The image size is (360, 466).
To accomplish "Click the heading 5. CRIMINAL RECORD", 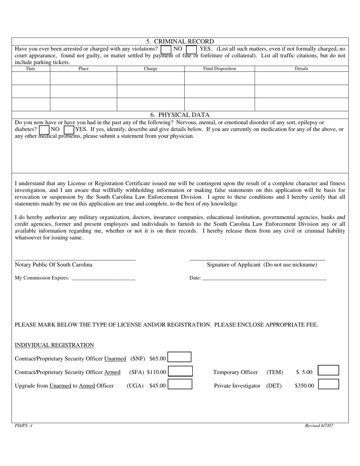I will click(x=180, y=41).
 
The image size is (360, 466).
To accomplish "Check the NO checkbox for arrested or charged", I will click(x=166, y=49).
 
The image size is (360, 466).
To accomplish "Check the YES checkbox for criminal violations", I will click(x=191, y=49).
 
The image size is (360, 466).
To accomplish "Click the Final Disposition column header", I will click(x=219, y=69).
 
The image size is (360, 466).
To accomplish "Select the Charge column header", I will click(x=150, y=69).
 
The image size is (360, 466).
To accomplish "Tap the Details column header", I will click(x=301, y=69).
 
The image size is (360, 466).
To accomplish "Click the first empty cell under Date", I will click(x=31, y=78).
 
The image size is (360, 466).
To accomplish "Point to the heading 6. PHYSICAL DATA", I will click(x=180, y=115).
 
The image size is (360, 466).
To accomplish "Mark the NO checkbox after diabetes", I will click(x=44, y=130).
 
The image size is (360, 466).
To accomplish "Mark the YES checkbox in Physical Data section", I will click(x=69, y=130).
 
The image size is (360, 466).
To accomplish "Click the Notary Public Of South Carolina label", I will click(x=53, y=264).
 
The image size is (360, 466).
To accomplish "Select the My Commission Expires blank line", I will click(x=103, y=278).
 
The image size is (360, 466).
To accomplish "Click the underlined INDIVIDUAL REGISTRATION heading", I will click(x=54, y=345).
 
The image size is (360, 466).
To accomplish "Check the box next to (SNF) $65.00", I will click(x=180, y=357).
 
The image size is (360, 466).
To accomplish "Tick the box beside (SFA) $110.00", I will click(x=180, y=371).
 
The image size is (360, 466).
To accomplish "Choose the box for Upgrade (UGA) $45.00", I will click(x=180, y=385).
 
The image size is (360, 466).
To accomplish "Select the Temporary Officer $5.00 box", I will click(x=328, y=371).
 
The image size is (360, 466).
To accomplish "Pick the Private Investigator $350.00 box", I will click(x=328, y=384).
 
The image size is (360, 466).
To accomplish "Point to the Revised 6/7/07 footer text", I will click(x=319, y=425).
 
